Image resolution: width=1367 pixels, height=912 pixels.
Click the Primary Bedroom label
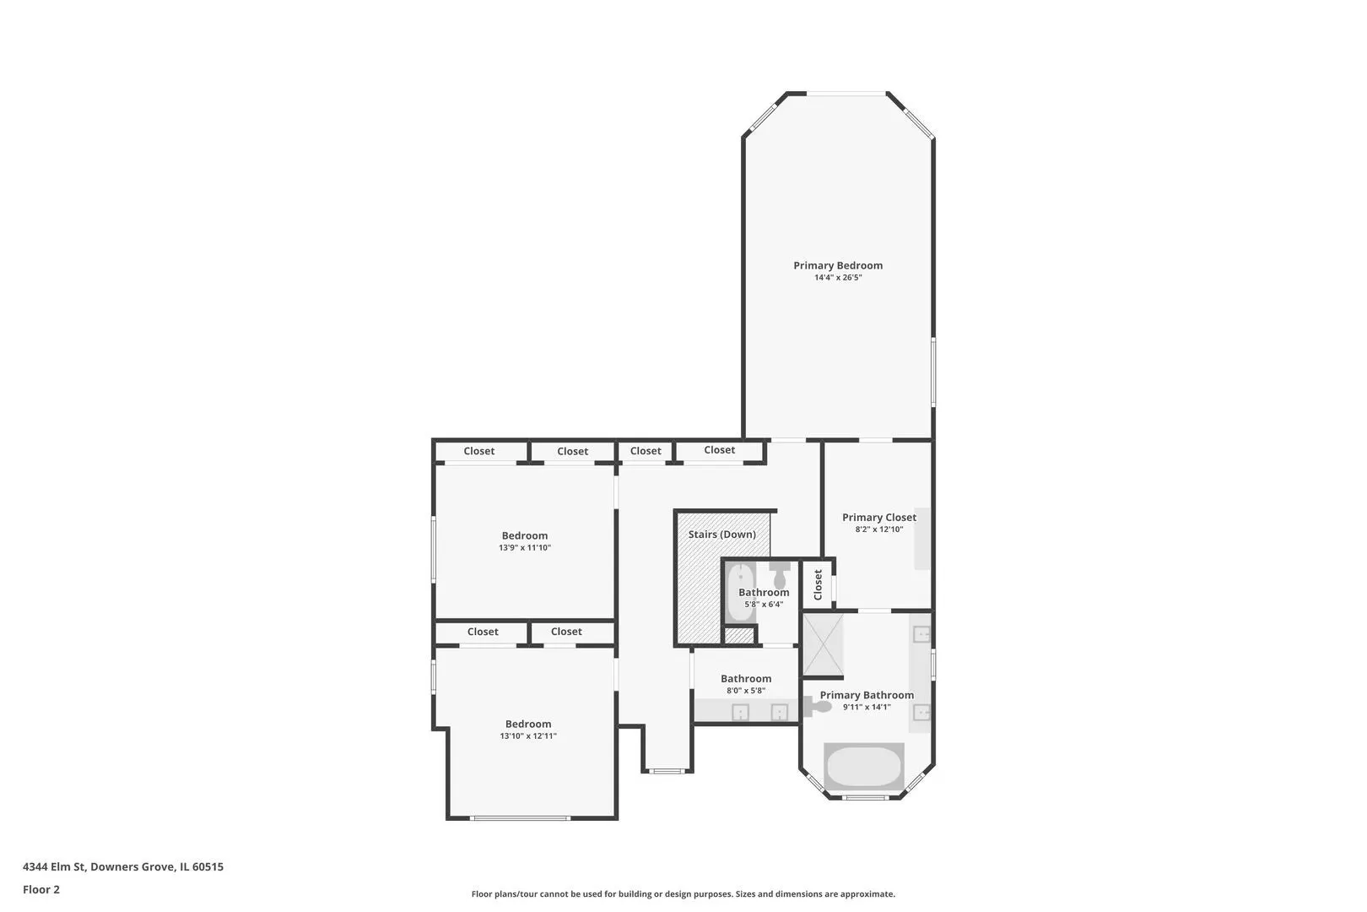click(x=837, y=265)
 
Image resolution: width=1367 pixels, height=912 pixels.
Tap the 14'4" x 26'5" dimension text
click(x=838, y=277)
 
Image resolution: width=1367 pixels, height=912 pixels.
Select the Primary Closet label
click(x=878, y=518)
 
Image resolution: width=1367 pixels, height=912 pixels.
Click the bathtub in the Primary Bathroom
click(x=863, y=767)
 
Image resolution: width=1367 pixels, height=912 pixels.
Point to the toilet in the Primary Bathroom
click(x=817, y=706)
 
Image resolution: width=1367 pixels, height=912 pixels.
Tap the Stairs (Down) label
click(x=722, y=535)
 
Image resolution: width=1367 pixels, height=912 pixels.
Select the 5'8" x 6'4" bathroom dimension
click(x=764, y=604)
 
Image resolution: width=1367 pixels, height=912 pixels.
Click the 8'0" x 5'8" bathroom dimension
click(x=746, y=690)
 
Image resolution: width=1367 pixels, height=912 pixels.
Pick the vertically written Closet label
click(x=818, y=584)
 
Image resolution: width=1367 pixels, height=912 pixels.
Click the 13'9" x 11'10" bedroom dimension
click(x=525, y=547)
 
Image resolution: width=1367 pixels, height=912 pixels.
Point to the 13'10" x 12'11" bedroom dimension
click(x=528, y=736)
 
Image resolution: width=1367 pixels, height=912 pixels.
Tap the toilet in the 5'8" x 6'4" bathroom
click(x=780, y=575)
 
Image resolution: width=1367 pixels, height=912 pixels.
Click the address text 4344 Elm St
click(x=54, y=866)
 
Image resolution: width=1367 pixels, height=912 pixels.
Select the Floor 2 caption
click(x=41, y=889)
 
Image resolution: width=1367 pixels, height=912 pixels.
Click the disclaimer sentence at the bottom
click(x=683, y=893)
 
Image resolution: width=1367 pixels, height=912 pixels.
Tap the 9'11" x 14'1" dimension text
click(x=867, y=707)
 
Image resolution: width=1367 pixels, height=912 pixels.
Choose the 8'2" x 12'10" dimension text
click(x=878, y=529)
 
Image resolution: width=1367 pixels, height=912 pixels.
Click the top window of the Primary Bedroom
click(x=846, y=94)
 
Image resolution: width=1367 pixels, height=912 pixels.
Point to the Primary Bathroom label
click(x=867, y=695)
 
